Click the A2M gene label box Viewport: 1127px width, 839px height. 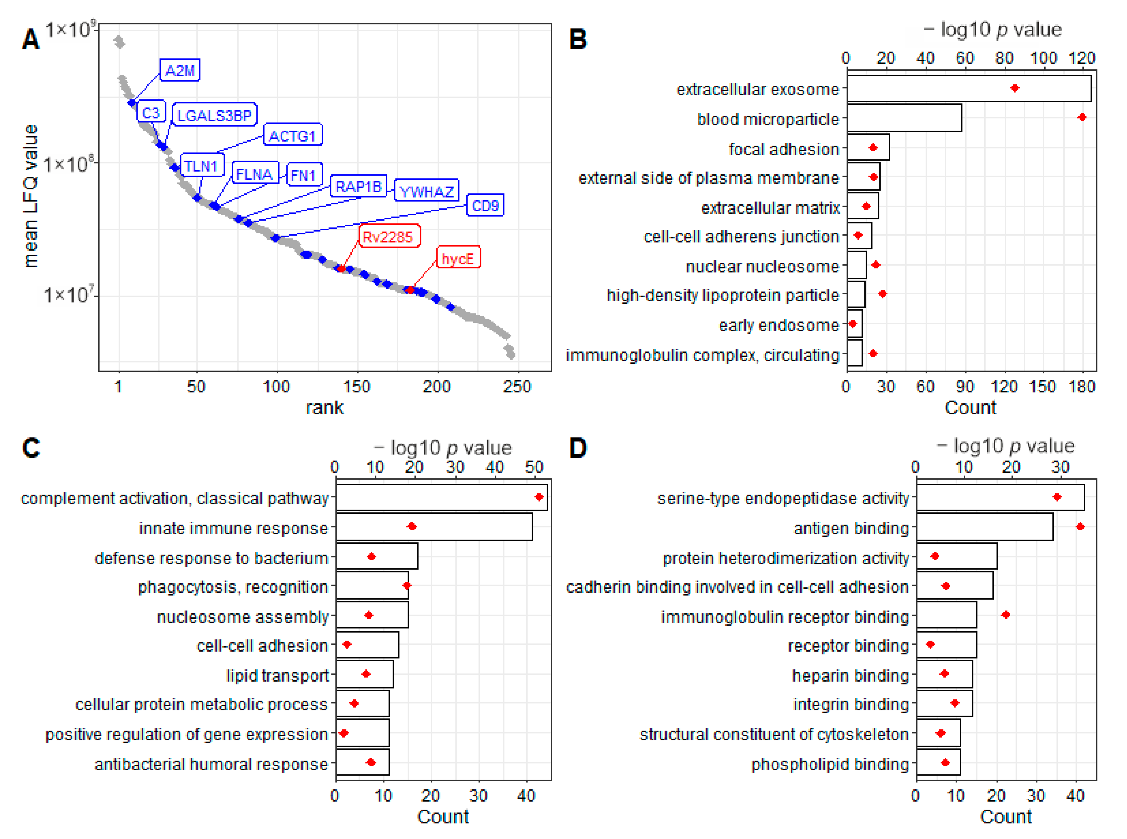pyautogui.click(x=180, y=70)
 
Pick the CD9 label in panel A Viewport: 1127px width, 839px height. pyautogui.click(x=485, y=206)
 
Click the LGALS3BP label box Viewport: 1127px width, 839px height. pyautogui.click(x=214, y=115)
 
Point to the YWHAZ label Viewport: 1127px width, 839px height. pyautogui.click(x=426, y=192)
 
